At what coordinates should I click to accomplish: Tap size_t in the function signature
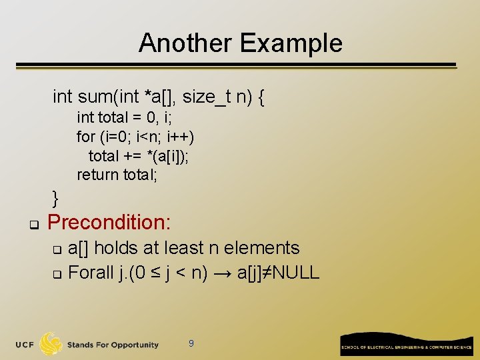coord(206,97)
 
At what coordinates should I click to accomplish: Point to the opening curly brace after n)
coord(261,98)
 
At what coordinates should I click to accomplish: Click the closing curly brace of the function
coord(56,197)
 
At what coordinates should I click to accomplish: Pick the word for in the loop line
coord(85,137)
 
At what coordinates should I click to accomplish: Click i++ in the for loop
coord(181,137)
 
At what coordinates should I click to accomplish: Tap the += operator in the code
coord(131,156)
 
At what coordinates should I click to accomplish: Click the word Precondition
coord(109,221)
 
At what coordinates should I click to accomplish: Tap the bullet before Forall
coord(57,275)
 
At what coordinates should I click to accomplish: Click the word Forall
coord(90,273)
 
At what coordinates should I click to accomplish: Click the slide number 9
coord(191,343)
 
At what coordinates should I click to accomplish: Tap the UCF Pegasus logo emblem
coord(51,344)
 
